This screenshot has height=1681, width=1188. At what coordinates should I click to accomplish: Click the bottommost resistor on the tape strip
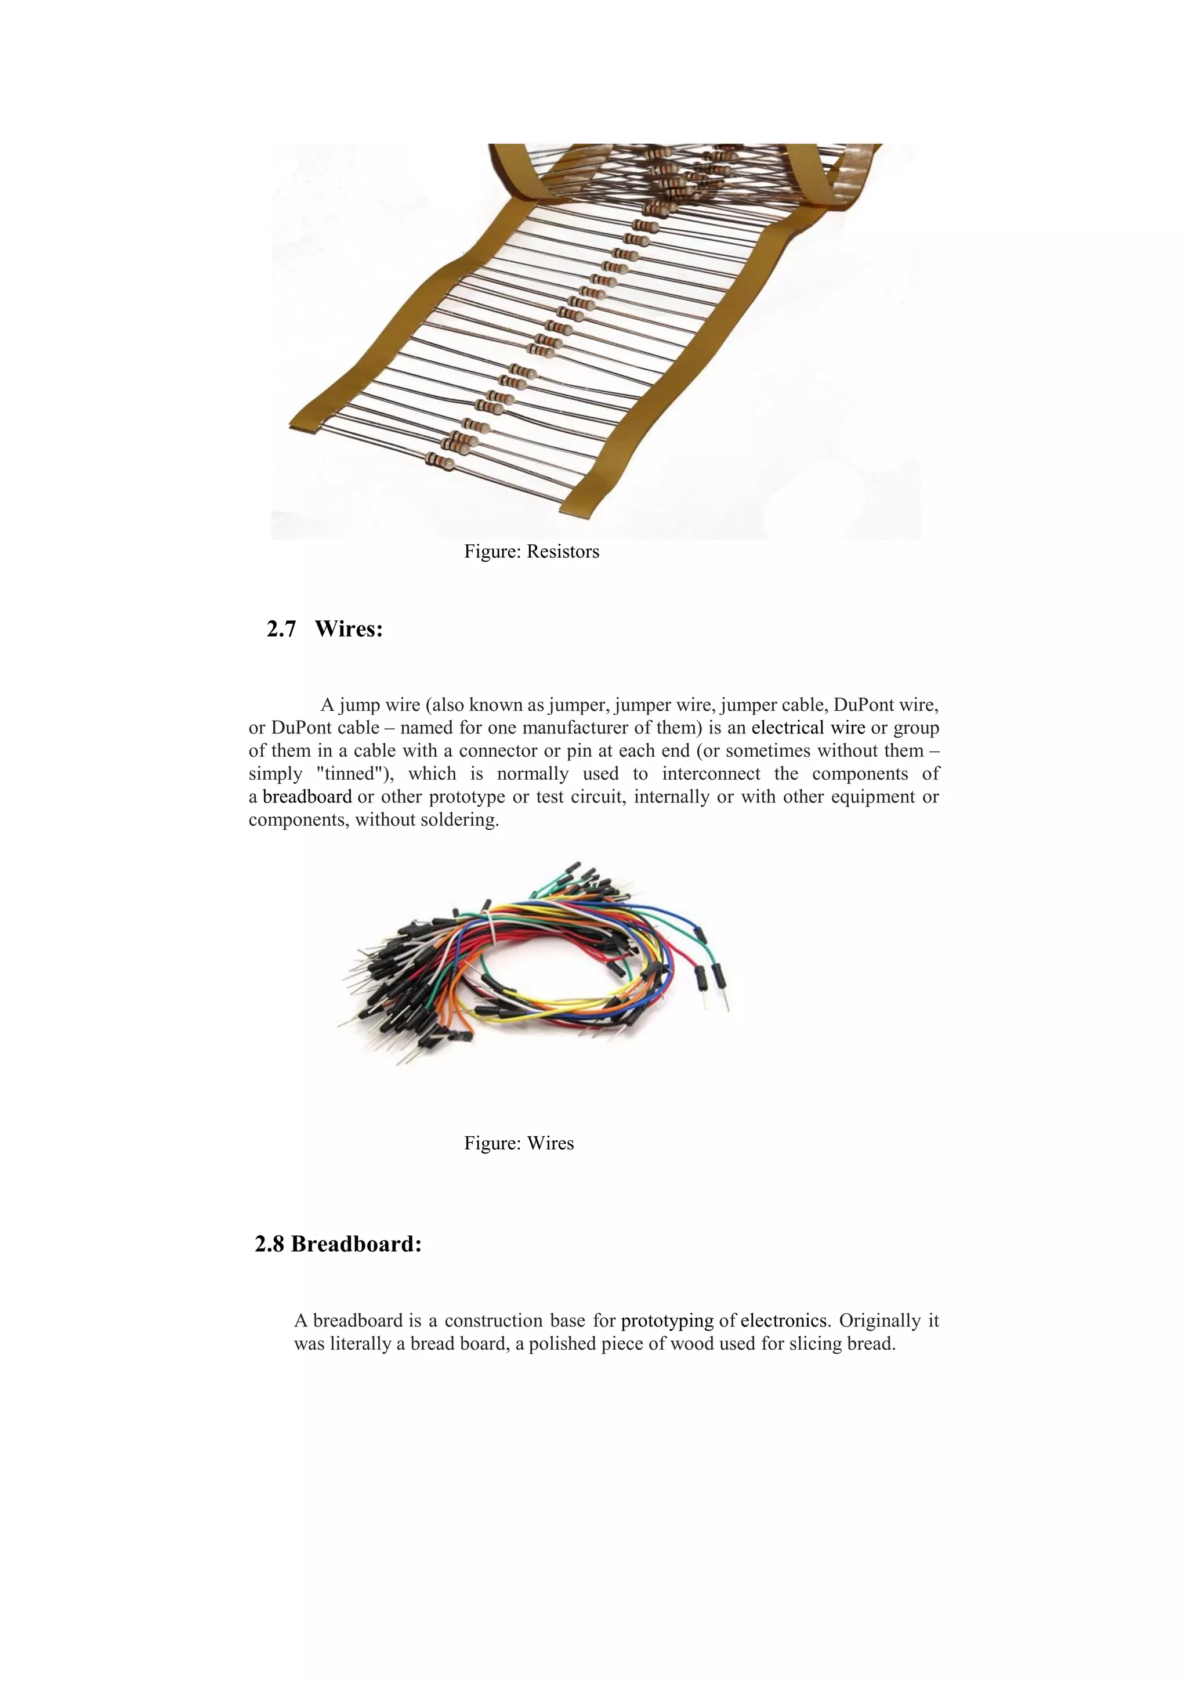[x=440, y=461]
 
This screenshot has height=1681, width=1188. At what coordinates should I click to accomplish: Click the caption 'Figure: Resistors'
[x=531, y=552]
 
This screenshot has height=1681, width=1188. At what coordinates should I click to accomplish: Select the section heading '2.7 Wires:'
[x=325, y=629]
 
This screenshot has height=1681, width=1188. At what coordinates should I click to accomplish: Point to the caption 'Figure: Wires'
[x=519, y=1144]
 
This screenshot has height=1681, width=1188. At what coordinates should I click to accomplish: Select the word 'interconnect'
[x=711, y=774]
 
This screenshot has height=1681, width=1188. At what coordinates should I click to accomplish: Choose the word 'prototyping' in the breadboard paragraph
[x=667, y=1321]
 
